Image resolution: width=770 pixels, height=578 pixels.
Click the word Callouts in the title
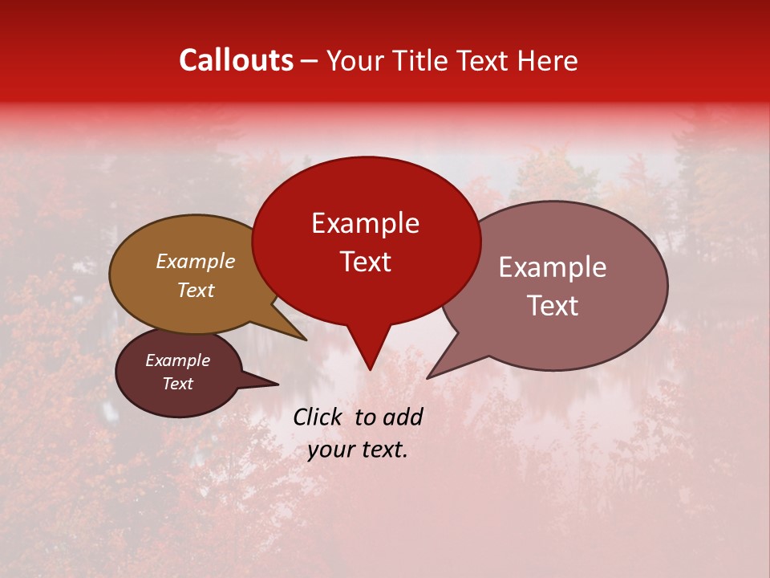click(236, 60)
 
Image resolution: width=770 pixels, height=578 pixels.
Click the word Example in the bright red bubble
click(365, 223)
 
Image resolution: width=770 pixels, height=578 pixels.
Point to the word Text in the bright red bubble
click(365, 262)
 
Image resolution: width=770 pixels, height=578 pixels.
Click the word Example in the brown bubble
click(195, 261)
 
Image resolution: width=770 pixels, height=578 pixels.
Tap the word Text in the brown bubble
click(195, 290)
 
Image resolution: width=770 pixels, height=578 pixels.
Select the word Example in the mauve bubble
click(552, 267)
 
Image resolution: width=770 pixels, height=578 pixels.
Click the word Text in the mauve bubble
click(552, 306)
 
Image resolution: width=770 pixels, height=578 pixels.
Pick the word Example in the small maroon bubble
click(177, 360)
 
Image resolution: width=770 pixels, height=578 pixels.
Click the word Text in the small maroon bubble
click(177, 384)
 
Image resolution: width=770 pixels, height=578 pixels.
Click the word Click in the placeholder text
click(318, 417)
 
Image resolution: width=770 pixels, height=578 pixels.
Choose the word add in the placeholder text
click(403, 417)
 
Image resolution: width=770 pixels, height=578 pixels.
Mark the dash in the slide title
click(310, 61)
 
